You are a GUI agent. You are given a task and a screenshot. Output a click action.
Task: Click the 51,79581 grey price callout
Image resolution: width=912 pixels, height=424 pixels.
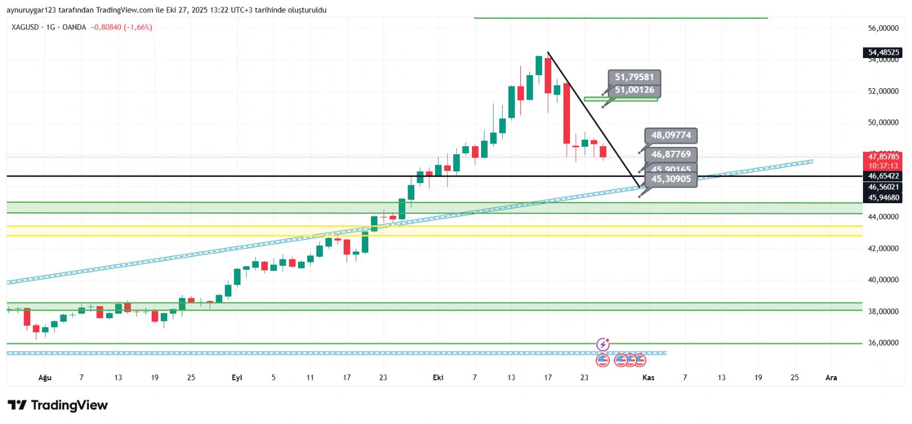(634, 77)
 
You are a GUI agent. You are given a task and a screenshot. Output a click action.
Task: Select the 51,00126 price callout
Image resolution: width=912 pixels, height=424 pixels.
(634, 90)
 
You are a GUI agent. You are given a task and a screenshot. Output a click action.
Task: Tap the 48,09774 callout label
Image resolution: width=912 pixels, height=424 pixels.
(671, 135)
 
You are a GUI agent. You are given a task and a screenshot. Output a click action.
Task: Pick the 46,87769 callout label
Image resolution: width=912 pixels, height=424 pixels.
(671, 154)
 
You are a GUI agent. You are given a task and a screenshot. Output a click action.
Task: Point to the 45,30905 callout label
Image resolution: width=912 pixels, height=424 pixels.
(671, 179)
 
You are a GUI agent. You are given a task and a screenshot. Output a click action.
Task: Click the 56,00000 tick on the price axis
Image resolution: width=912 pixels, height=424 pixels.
(883, 28)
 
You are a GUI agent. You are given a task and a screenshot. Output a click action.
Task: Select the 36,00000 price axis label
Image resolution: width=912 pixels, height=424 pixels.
(883, 343)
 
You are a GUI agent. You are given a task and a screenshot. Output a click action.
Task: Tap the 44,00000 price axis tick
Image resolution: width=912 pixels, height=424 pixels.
(883, 217)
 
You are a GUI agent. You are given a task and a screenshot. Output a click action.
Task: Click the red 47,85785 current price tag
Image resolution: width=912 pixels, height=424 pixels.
(883, 157)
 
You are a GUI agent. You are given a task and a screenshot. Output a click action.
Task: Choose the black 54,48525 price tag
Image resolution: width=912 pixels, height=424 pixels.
(883, 52)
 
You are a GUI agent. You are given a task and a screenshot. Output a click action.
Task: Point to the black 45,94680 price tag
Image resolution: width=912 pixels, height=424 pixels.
(883, 198)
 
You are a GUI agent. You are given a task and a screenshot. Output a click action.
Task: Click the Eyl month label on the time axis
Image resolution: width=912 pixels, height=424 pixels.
(237, 377)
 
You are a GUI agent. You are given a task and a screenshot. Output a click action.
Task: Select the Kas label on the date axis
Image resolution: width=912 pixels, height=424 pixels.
(648, 377)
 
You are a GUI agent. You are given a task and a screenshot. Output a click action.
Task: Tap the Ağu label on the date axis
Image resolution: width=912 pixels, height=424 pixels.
(44, 377)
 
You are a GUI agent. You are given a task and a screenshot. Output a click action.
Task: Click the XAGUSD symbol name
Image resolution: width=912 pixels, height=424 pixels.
(25, 27)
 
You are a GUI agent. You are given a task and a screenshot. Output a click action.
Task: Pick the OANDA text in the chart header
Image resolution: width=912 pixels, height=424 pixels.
(74, 27)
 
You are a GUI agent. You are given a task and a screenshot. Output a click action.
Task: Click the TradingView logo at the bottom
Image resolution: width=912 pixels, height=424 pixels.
(58, 405)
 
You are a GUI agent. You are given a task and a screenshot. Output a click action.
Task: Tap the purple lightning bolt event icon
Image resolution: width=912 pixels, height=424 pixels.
(602, 344)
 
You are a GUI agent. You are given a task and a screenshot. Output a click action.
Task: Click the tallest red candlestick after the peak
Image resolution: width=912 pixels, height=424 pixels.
(567, 113)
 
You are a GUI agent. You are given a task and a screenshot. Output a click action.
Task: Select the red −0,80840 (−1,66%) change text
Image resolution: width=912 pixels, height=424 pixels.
(121, 27)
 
